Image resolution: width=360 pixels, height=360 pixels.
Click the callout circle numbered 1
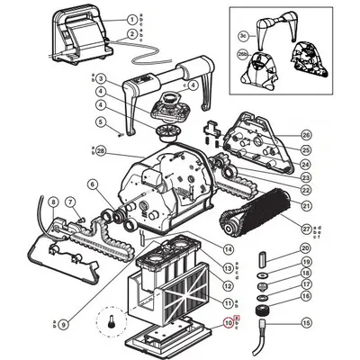pos(130,19)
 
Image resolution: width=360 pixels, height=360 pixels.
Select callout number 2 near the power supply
pos(130,34)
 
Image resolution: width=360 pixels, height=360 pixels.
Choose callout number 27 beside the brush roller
pos(305,229)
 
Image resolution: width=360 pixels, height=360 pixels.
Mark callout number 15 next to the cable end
pos(305,323)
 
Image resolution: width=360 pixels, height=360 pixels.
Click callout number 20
pos(305,247)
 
